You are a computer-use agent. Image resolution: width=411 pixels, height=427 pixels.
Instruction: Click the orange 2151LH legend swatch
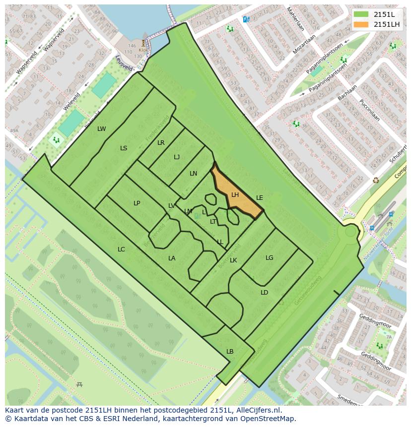coord(361,24)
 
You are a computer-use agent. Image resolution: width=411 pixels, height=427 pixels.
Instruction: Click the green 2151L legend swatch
coord(361,14)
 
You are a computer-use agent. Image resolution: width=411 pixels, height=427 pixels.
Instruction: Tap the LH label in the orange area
coord(235,195)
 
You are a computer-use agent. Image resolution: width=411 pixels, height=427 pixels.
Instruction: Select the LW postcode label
coord(101,129)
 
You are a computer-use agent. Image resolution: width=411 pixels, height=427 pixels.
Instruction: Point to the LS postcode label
coord(124,148)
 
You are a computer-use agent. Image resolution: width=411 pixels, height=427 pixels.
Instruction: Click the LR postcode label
coord(161,143)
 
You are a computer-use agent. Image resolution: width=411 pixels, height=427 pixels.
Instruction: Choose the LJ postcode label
coord(177,157)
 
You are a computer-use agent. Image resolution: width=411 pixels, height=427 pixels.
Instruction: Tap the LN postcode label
coord(193,174)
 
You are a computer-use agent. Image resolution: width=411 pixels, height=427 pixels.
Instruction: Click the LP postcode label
coord(137,203)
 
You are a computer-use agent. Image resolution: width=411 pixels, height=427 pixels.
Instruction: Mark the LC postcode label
coord(121,249)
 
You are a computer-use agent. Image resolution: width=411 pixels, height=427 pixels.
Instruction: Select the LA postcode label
coord(172,258)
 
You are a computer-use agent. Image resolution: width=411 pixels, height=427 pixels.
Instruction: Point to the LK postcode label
coord(233,260)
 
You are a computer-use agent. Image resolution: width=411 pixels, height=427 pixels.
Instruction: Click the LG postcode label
coord(269,258)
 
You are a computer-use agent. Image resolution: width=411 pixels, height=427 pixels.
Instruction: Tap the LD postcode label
coord(264,293)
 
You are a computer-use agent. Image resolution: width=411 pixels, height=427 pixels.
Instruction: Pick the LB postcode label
coord(230,352)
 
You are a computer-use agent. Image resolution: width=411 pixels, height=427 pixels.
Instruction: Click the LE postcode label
coord(259,198)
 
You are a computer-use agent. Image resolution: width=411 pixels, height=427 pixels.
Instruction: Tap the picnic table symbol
coord(79,384)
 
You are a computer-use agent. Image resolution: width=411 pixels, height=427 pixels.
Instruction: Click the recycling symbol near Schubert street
coord(376,180)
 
